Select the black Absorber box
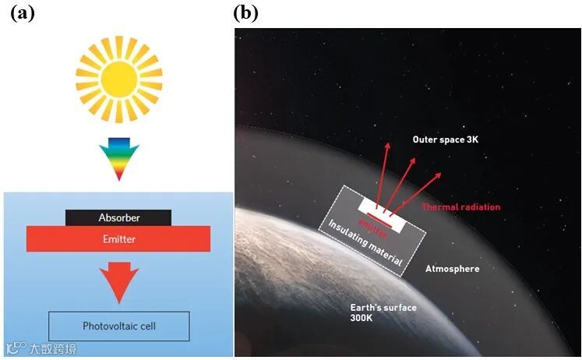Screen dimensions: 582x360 [119, 217]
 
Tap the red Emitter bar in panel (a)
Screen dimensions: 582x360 [119, 239]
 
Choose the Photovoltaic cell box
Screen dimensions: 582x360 [119, 326]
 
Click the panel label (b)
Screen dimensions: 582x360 [245, 12]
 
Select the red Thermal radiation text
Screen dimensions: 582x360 [460, 206]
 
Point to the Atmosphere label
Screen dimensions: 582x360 [452, 269]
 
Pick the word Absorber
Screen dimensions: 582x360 [119, 217]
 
